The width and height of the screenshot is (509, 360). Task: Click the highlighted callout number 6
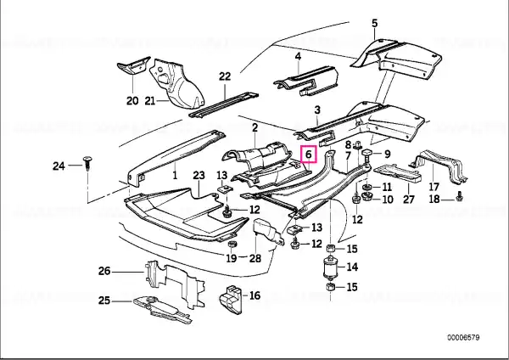(x=309, y=155)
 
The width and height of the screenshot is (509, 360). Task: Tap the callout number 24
(x=59, y=166)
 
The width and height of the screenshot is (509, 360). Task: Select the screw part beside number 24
(x=87, y=163)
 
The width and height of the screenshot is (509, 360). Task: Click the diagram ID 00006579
(x=463, y=338)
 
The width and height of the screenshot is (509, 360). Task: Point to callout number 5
(x=375, y=24)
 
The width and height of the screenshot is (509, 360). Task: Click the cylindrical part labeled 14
(x=331, y=267)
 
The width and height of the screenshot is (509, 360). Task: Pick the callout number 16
(x=255, y=295)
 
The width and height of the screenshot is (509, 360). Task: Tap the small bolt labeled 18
(x=459, y=196)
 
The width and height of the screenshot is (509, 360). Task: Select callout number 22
(x=225, y=76)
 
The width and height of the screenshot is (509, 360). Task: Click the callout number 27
(x=409, y=199)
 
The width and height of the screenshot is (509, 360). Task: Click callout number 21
(x=149, y=101)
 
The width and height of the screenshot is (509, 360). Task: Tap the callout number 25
(x=104, y=301)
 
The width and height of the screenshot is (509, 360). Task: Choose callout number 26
(x=104, y=271)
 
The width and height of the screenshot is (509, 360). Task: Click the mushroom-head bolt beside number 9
(x=367, y=155)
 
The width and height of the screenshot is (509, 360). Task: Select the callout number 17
(x=434, y=187)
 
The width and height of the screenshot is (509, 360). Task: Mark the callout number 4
(x=298, y=57)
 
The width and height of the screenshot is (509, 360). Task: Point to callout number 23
(x=199, y=176)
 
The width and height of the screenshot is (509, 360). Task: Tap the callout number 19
(x=232, y=259)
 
